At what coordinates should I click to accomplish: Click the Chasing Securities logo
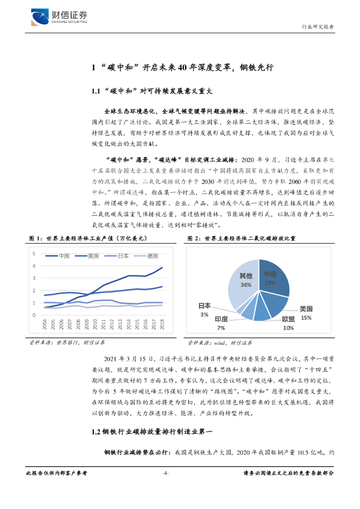59,17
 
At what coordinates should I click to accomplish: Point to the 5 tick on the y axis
34,254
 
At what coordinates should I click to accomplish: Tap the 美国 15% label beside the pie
306,313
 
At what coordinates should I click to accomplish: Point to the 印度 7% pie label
221,323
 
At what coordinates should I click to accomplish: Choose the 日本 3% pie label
204,310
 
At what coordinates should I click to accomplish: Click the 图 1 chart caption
88,239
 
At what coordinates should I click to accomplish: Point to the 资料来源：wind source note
220,342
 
